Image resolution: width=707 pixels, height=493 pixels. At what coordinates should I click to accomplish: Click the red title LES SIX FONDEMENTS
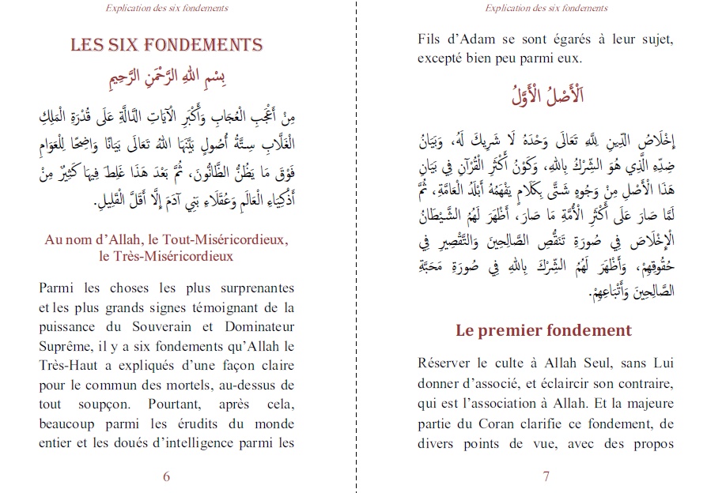point(166,44)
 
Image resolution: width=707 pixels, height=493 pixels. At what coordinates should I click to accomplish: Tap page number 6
point(166,476)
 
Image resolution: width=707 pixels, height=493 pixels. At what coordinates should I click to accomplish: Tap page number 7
point(546,476)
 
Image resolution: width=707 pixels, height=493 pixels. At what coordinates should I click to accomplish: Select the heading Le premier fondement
point(543,329)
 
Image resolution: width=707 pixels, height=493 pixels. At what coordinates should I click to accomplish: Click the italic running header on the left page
point(166,9)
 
